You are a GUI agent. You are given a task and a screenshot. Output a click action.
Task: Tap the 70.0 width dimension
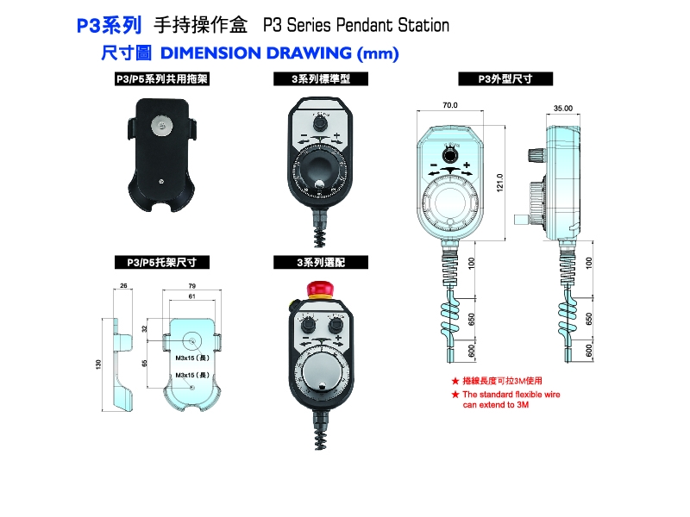point(449,105)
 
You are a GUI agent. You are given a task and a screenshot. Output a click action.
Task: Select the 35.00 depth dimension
point(563,109)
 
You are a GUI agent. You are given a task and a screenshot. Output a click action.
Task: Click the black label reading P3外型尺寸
point(505,79)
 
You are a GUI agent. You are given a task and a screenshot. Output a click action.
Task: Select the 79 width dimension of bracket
point(191,285)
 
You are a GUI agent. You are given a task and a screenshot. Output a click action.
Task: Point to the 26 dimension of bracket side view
point(123,285)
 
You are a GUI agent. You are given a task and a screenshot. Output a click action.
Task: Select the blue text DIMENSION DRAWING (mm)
point(279,53)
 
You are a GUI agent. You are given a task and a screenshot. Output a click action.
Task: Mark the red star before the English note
point(455,394)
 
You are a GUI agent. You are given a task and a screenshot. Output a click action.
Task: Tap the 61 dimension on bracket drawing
point(191,296)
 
